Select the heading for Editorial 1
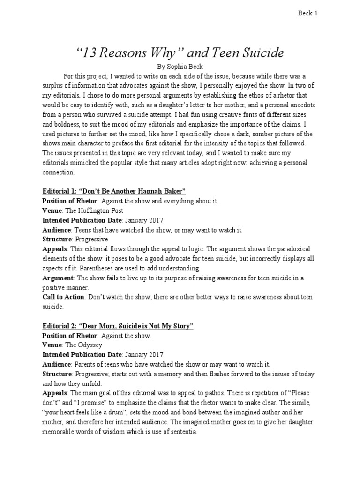pos(114,191)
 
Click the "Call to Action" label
pos(63,297)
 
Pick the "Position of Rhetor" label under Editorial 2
pos(70,336)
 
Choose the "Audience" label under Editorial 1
pos(56,230)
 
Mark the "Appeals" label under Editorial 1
pos(55,248)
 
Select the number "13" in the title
pos(90,53)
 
